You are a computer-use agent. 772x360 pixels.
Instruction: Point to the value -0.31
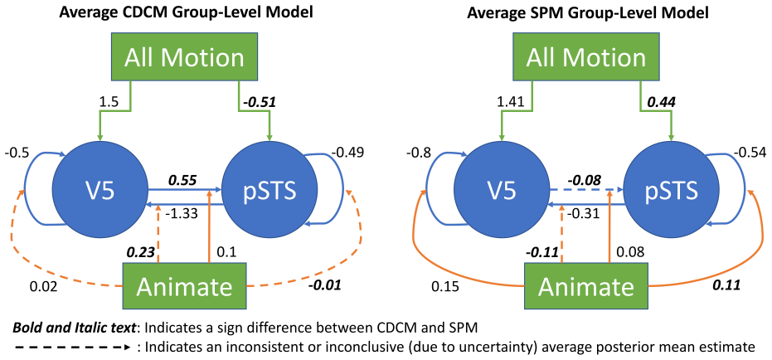(x=584, y=213)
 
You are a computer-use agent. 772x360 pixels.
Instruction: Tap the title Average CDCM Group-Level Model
(x=186, y=13)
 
